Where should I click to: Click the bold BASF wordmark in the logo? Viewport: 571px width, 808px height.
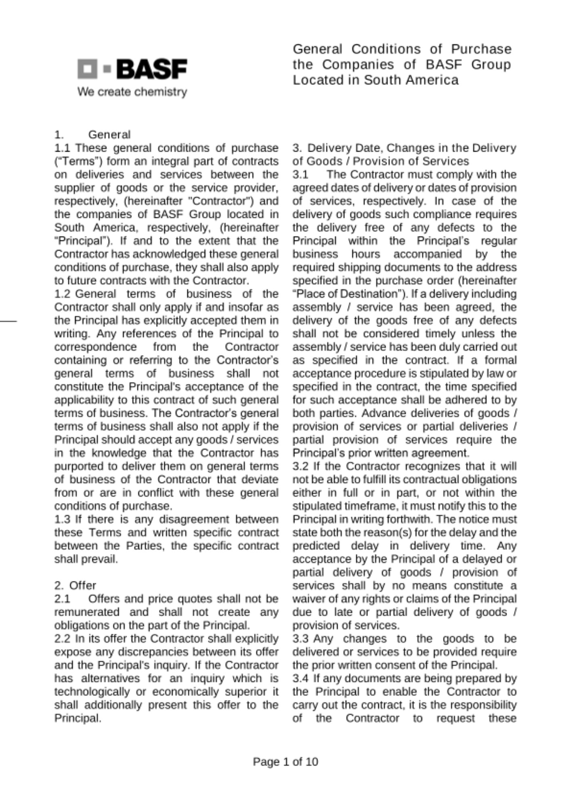(151, 69)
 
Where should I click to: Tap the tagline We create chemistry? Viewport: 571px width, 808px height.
(132, 92)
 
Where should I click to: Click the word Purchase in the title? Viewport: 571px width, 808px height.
(481, 49)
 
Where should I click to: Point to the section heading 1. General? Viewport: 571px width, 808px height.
(92, 135)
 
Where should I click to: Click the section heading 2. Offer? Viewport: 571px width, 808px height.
(75, 585)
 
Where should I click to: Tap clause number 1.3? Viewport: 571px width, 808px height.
(63, 519)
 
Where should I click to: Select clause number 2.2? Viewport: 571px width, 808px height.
(63, 639)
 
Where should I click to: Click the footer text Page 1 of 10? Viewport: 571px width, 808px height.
(285, 762)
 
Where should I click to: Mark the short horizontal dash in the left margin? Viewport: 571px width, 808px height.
(8, 321)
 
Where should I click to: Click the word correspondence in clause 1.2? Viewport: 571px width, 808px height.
(95, 347)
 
